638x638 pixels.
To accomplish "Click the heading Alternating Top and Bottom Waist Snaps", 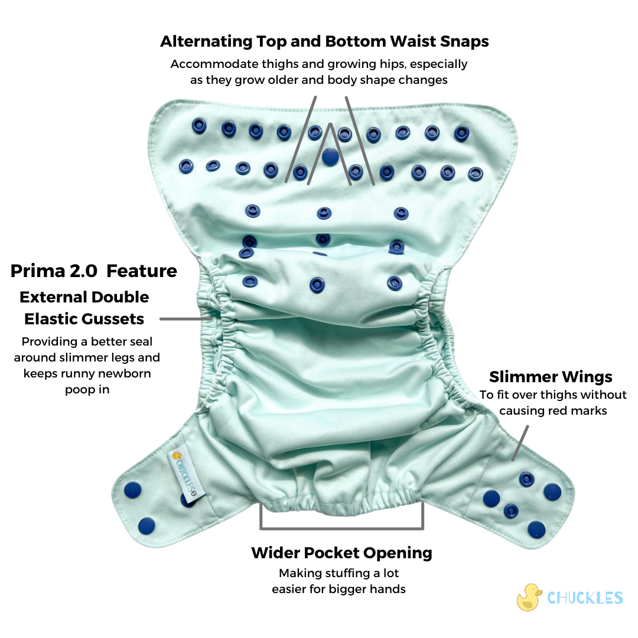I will pyautogui.click(x=324, y=42).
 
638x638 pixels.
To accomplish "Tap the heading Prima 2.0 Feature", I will pyautogui.click(x=94, y=271).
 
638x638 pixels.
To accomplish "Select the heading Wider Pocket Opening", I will pyautogui.click(x=341, y=554).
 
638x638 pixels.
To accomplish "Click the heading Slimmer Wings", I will pyautogui.click(x=551, y=377).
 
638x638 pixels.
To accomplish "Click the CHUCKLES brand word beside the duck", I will pyautogui.click(x=585, y=598).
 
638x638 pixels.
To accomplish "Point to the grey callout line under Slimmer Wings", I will pyautogui.click(x=519, y=444).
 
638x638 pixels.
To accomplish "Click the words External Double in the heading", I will pyautogui.click(x=84, y=297).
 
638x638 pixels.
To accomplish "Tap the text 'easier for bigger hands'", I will pyautogui.click(x=338, y=589).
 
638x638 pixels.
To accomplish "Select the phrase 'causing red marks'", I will pyautogui.click(x=554, y=411).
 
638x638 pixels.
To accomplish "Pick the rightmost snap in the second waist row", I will pyautogui.click(x=476, y=174).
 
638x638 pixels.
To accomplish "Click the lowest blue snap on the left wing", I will pyautogui.click(x=146, y=524).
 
